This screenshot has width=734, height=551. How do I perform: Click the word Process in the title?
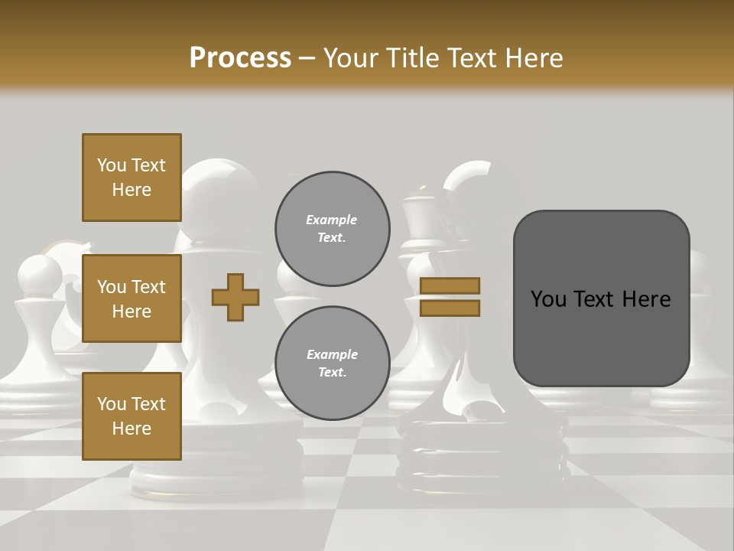point(240,57)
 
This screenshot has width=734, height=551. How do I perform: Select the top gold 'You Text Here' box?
point(132,178)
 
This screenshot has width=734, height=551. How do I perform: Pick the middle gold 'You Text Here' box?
point(132,298)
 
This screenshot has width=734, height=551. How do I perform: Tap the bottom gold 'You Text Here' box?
point(132,416)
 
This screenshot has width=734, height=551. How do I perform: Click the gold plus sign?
point(235,297)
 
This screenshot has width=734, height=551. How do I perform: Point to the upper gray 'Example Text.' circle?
point(332,228)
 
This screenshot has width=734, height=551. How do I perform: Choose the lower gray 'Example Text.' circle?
point(332,363)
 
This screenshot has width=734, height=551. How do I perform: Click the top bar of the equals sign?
point(450,285)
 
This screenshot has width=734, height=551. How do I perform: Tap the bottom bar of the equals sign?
point(450,308)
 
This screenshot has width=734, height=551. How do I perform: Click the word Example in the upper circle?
point(332,220)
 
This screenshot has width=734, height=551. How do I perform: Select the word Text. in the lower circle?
point(332,373)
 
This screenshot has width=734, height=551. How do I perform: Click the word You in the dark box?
point(549,299)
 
